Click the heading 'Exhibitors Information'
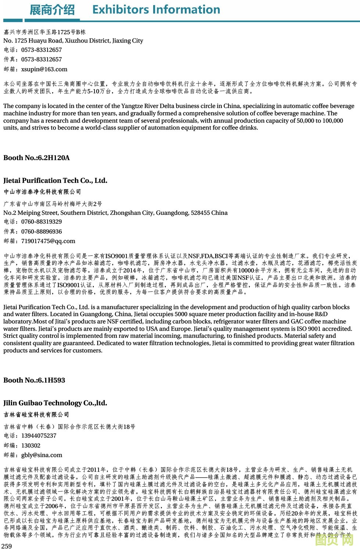coord(156,10)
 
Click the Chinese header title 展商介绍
coord(52,10)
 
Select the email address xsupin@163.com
coord(44,69)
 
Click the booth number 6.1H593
coord(51,380)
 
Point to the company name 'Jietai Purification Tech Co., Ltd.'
coord(55,181)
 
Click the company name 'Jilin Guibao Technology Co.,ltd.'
coord(55,403)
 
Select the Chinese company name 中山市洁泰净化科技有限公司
coord(42,192)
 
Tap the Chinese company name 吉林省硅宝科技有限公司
coord(36,414)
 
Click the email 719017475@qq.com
coord(48,241)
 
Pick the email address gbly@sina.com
coord(42,455)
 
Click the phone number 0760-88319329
coord(42,222)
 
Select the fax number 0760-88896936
coord(42,232)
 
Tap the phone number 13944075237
coord(39,436)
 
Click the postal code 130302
coord(31,446)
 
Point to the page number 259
coord(7,546)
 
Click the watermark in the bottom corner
coord(334,540)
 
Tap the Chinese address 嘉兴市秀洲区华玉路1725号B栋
coord(44,32)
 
